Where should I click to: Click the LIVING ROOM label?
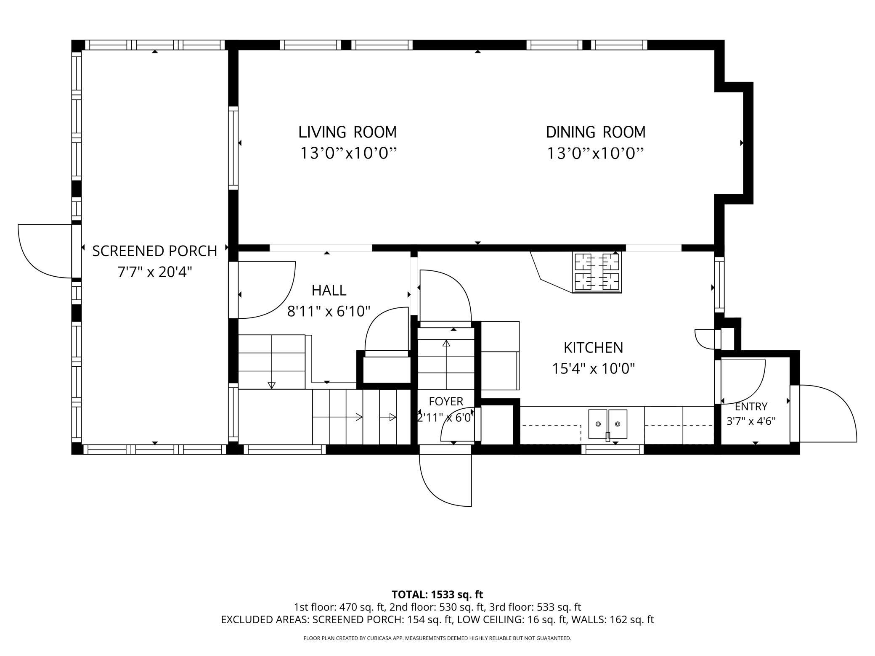coord(347,132)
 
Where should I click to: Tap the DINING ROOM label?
coord(596,132)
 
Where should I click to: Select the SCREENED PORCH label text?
coord(154,251)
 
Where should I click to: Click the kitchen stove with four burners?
coord(597,272)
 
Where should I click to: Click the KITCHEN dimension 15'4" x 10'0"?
coord(593,369)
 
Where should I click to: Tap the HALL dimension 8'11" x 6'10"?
coord(329,312)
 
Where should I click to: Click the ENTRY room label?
coord(751,407)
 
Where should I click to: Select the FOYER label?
coord(446,402)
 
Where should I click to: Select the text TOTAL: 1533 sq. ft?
coord(437,595)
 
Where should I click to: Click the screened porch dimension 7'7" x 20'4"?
coord(154,272)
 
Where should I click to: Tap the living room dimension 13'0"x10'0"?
coord(348,153)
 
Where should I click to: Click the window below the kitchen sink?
coord(615,450)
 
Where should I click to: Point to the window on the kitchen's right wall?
coord(720,285)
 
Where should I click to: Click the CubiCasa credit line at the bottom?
coord(437,638)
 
